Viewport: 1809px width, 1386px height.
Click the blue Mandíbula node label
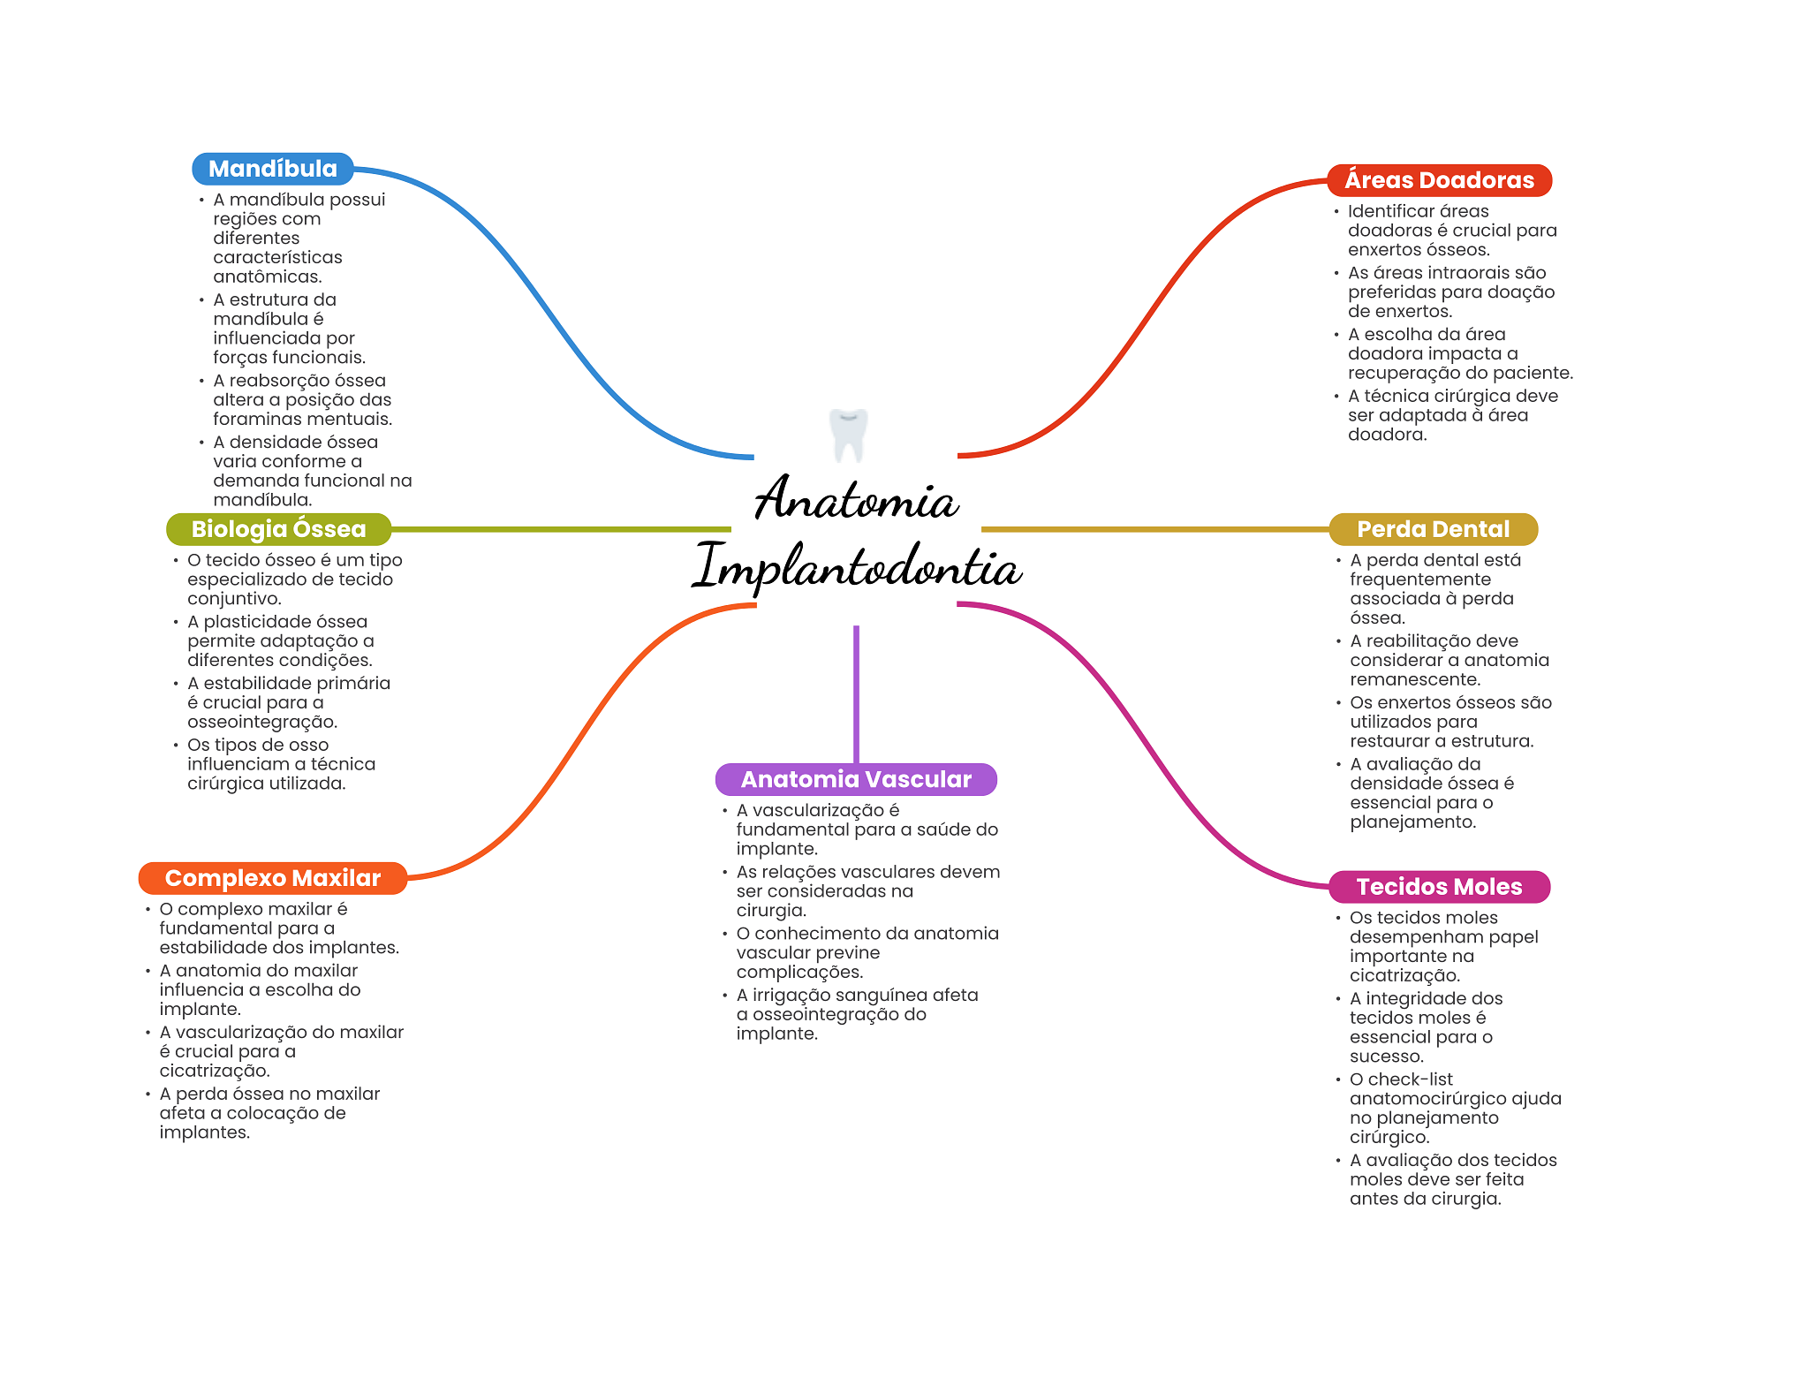(272, 169)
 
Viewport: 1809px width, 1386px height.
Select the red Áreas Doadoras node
(1439, 180)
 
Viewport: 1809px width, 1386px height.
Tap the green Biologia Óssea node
(278, 529)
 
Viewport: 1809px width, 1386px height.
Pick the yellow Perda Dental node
(1433, 529)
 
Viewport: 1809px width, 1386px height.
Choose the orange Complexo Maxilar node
(272, 878)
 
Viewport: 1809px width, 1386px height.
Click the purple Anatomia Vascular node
(855, 779)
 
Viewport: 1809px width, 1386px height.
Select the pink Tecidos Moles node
(1439, 887)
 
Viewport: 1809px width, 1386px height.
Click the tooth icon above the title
(849, 435)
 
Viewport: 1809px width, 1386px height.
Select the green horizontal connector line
(561, 529)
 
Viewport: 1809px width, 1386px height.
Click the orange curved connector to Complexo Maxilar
(574, 742)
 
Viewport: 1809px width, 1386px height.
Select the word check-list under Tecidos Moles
(1410, 1079)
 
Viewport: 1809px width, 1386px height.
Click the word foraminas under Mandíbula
(257, 420)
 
